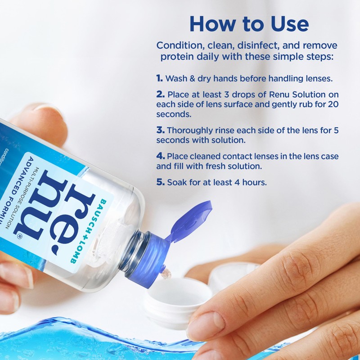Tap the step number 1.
pyautogui.click(x=159, y=78)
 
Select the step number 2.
pyautogui.click(x=160, y=95)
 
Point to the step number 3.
pyautogui.click(x=160, y=130)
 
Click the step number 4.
pyautogui.click(x=160, y=156)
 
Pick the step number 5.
pyautogui.click(x=160, y=183)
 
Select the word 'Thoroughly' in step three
pyautogui.click(x=188, y=130)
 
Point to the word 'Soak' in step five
pyautogui.click(x=176, y=183)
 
